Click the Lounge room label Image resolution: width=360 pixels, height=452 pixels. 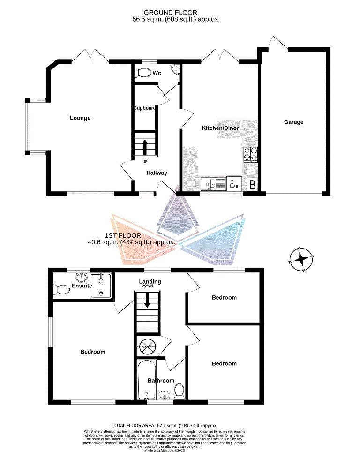pos(80,118)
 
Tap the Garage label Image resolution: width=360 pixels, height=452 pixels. pos(294,122)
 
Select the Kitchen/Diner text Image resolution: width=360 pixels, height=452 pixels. pos(217,128)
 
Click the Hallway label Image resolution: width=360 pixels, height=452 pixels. pos(157,173)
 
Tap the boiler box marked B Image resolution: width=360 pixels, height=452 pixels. pos(252,184)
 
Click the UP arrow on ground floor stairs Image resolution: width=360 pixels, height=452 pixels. pos(145,146)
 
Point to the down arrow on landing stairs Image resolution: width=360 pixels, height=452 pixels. pos(148,300)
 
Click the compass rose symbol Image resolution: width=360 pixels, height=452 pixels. pos(301,259)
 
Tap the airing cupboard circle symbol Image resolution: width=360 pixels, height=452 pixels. pos(147,346)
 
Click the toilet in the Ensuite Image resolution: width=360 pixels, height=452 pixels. pos(61,290)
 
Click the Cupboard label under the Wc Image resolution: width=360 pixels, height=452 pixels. pos(144,108)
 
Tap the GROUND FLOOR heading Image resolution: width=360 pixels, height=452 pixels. pos(170,13)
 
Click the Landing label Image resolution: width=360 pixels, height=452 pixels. pos(150,282)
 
